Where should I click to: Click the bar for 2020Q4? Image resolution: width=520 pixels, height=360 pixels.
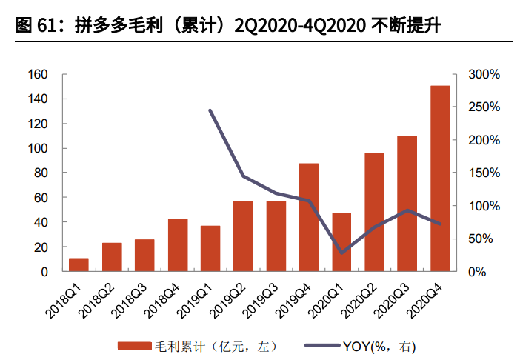[x=441, y=179]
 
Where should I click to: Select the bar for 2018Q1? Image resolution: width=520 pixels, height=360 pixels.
[x=79, y=264]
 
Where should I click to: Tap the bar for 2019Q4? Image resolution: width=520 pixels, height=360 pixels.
[x=309, y=217]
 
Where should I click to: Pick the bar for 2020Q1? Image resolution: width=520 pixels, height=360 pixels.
[x=341, y=241]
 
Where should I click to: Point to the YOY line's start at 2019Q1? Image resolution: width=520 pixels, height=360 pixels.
[x=210, y=110]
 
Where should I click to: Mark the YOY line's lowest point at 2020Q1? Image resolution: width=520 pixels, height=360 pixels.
[x=341, y=253]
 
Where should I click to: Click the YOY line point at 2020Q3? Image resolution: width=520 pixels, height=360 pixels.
[x=407, y=210]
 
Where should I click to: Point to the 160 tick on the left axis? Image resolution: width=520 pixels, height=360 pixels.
[x=38, y=74]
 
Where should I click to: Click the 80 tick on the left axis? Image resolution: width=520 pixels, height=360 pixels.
[x=41, y=173]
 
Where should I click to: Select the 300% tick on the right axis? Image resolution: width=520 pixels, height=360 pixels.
[x=485, y=74]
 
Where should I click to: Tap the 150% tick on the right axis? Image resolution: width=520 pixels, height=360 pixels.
[x=485, y=173]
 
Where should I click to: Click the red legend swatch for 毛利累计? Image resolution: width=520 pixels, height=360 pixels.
[x=133, y=345]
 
